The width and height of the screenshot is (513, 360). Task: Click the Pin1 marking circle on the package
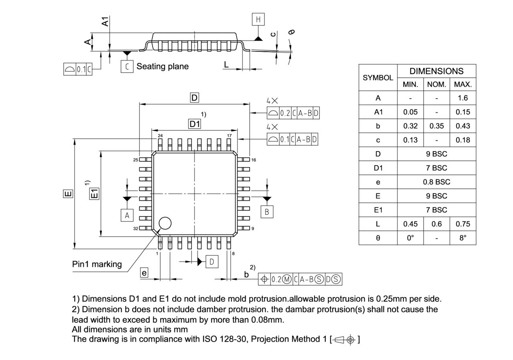click(165, 223)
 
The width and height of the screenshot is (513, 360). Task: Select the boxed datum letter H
click(258, 19)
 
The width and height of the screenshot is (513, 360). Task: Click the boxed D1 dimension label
click(194, 124)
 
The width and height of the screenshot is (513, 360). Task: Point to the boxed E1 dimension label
click(94, 194)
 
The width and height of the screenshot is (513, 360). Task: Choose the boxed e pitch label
click(144, 273)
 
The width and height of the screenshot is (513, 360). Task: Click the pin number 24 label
click(160, 136)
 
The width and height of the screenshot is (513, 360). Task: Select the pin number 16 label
click(253, 160)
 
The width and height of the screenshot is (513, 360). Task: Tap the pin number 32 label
click(135, 229)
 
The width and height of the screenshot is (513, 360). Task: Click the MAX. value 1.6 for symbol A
click(463, 98)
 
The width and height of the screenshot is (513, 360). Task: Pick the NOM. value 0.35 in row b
click(436, 126)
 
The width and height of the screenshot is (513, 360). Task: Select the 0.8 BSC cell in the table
click(436, 182)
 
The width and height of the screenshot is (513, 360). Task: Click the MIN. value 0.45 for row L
click(410, 224)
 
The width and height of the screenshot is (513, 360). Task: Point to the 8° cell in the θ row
click(463, 238)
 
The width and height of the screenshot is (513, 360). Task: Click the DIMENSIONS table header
click(436, 71)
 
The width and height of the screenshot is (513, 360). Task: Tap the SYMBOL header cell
click(378, 78)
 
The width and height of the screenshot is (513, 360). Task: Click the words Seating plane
click(162, 66)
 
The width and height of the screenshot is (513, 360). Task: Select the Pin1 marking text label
click(97, 264)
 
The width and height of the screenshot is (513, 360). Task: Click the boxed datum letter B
click(267, 212)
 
